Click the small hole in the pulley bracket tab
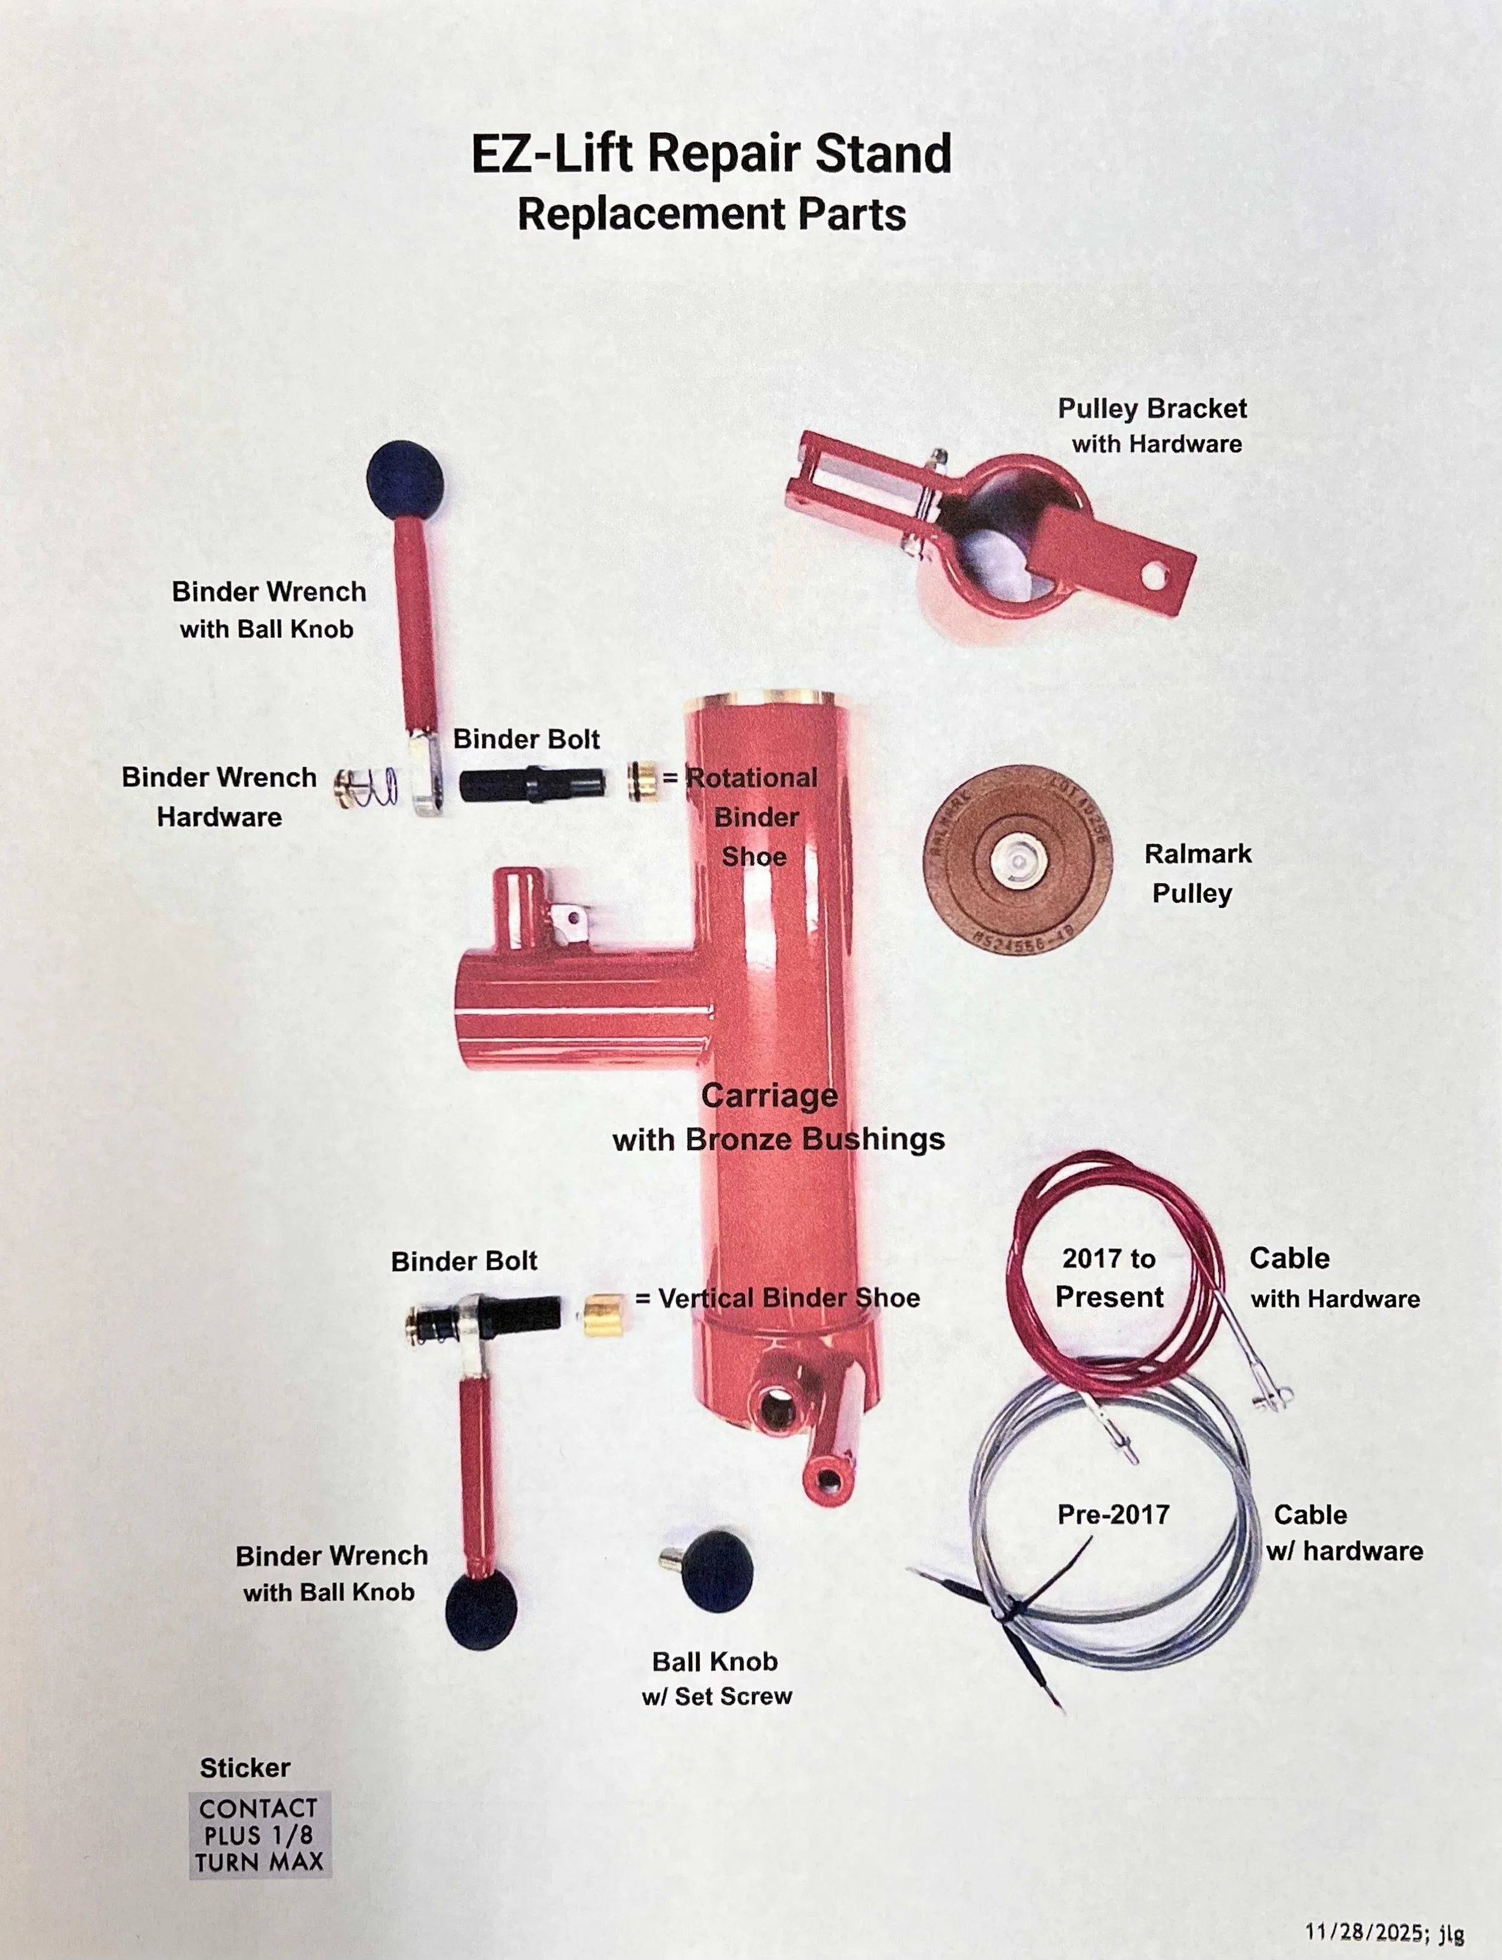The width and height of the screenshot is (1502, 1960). pos(1154,577)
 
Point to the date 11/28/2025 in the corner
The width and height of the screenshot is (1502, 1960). pos(1372,1931)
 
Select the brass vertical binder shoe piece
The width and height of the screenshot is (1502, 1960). pos(603,1314)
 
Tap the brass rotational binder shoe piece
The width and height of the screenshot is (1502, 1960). pos(641,781)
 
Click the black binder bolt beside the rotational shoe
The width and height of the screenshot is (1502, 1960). pos(532,783)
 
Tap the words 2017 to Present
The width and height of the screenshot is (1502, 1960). pos(1108,1277)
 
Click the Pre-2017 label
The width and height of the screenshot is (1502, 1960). pos(1113,1514)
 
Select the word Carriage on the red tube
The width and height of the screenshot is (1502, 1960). pos(769,1095)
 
